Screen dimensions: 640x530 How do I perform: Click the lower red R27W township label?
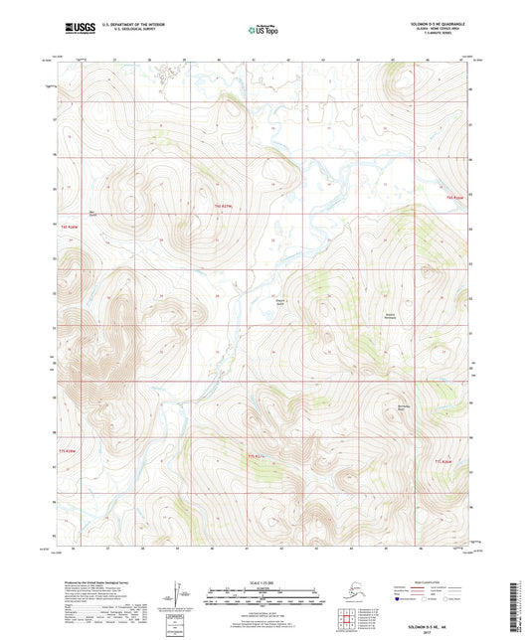click(x=257, y=456)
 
